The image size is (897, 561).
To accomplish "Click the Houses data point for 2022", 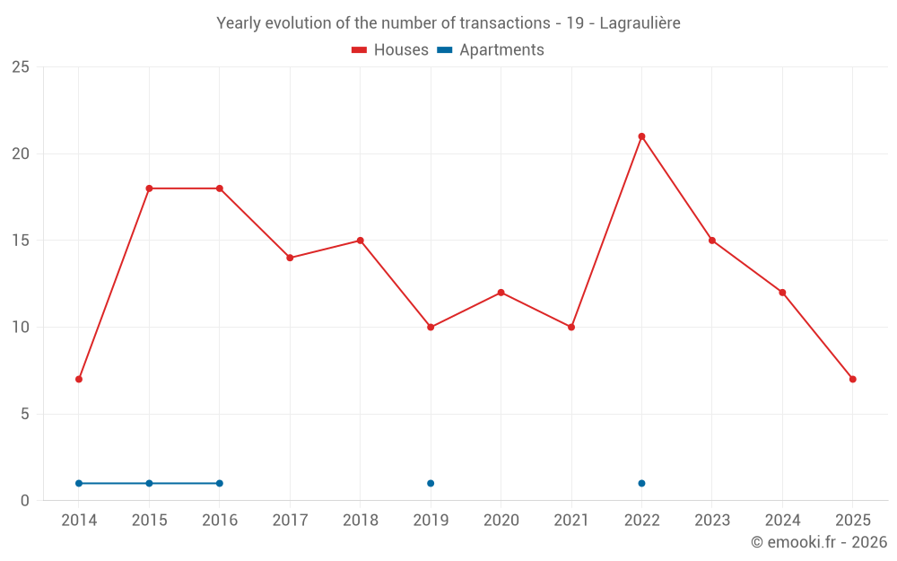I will click(641, 136).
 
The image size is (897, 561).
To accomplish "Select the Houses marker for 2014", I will click(79, 379).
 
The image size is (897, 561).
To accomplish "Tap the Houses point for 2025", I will click(852, 379).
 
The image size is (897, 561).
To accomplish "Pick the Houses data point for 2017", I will click(290, 258).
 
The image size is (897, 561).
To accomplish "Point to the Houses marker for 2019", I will click(431, 327).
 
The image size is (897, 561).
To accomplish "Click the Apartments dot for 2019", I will click(431, 483).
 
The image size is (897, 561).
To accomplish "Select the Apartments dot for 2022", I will click(641, 483).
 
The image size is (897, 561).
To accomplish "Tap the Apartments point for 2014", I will click(79, 483).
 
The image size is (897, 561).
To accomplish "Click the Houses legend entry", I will click(390, 50).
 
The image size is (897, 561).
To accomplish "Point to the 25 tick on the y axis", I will click(21, 67).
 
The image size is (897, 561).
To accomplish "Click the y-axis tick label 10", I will click(21, 327).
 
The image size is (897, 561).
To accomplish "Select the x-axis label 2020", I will click(501, 521).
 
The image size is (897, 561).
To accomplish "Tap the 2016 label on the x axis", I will click(220, 521).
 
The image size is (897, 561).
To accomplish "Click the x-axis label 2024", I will click(782, 521).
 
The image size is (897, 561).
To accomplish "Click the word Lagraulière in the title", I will click(640, 23).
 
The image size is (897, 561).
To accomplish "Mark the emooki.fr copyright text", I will click(819, 542).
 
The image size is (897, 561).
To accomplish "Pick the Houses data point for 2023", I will click(712, 241).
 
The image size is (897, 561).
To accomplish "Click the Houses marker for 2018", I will click(360, 241).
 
